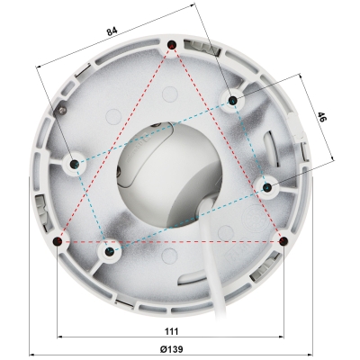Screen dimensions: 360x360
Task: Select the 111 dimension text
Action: pyautogui.click(x=172, y=333)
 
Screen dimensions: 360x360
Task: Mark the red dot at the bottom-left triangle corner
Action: pyautogui.click(x=58, y=241)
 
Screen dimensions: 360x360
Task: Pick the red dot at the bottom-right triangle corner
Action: pyautogui.click(x=284, y=241)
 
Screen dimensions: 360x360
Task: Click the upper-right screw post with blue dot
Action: pyautogui.click(x=232, y=99)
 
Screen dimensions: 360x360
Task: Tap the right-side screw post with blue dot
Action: pyautogui.click(x=266, y=186)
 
